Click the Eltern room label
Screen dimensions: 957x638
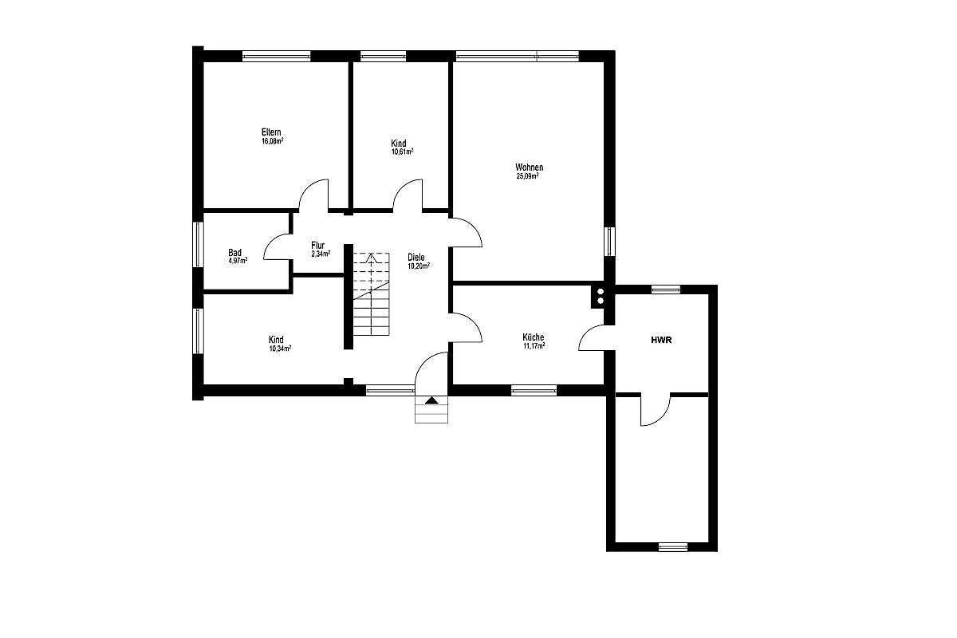point(271,132)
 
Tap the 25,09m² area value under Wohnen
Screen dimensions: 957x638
point(528,175)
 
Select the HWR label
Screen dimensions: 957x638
point(661,341)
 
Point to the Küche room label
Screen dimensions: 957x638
point(534,337)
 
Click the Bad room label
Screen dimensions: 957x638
point(234,253)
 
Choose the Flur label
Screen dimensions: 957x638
point(318,246)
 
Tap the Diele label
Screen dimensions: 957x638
point(416,258)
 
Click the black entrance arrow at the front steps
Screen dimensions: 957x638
point(431,400)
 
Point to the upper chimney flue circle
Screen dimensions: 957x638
point(601,292)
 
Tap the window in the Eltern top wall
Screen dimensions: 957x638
point(277,56)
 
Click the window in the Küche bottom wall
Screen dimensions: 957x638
point(534,390)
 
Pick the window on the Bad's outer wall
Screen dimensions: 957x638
point(199,244)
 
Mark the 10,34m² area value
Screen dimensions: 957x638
point(280,349)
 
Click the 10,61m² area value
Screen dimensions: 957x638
point(403,152)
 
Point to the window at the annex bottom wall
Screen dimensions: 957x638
point(673,547)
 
